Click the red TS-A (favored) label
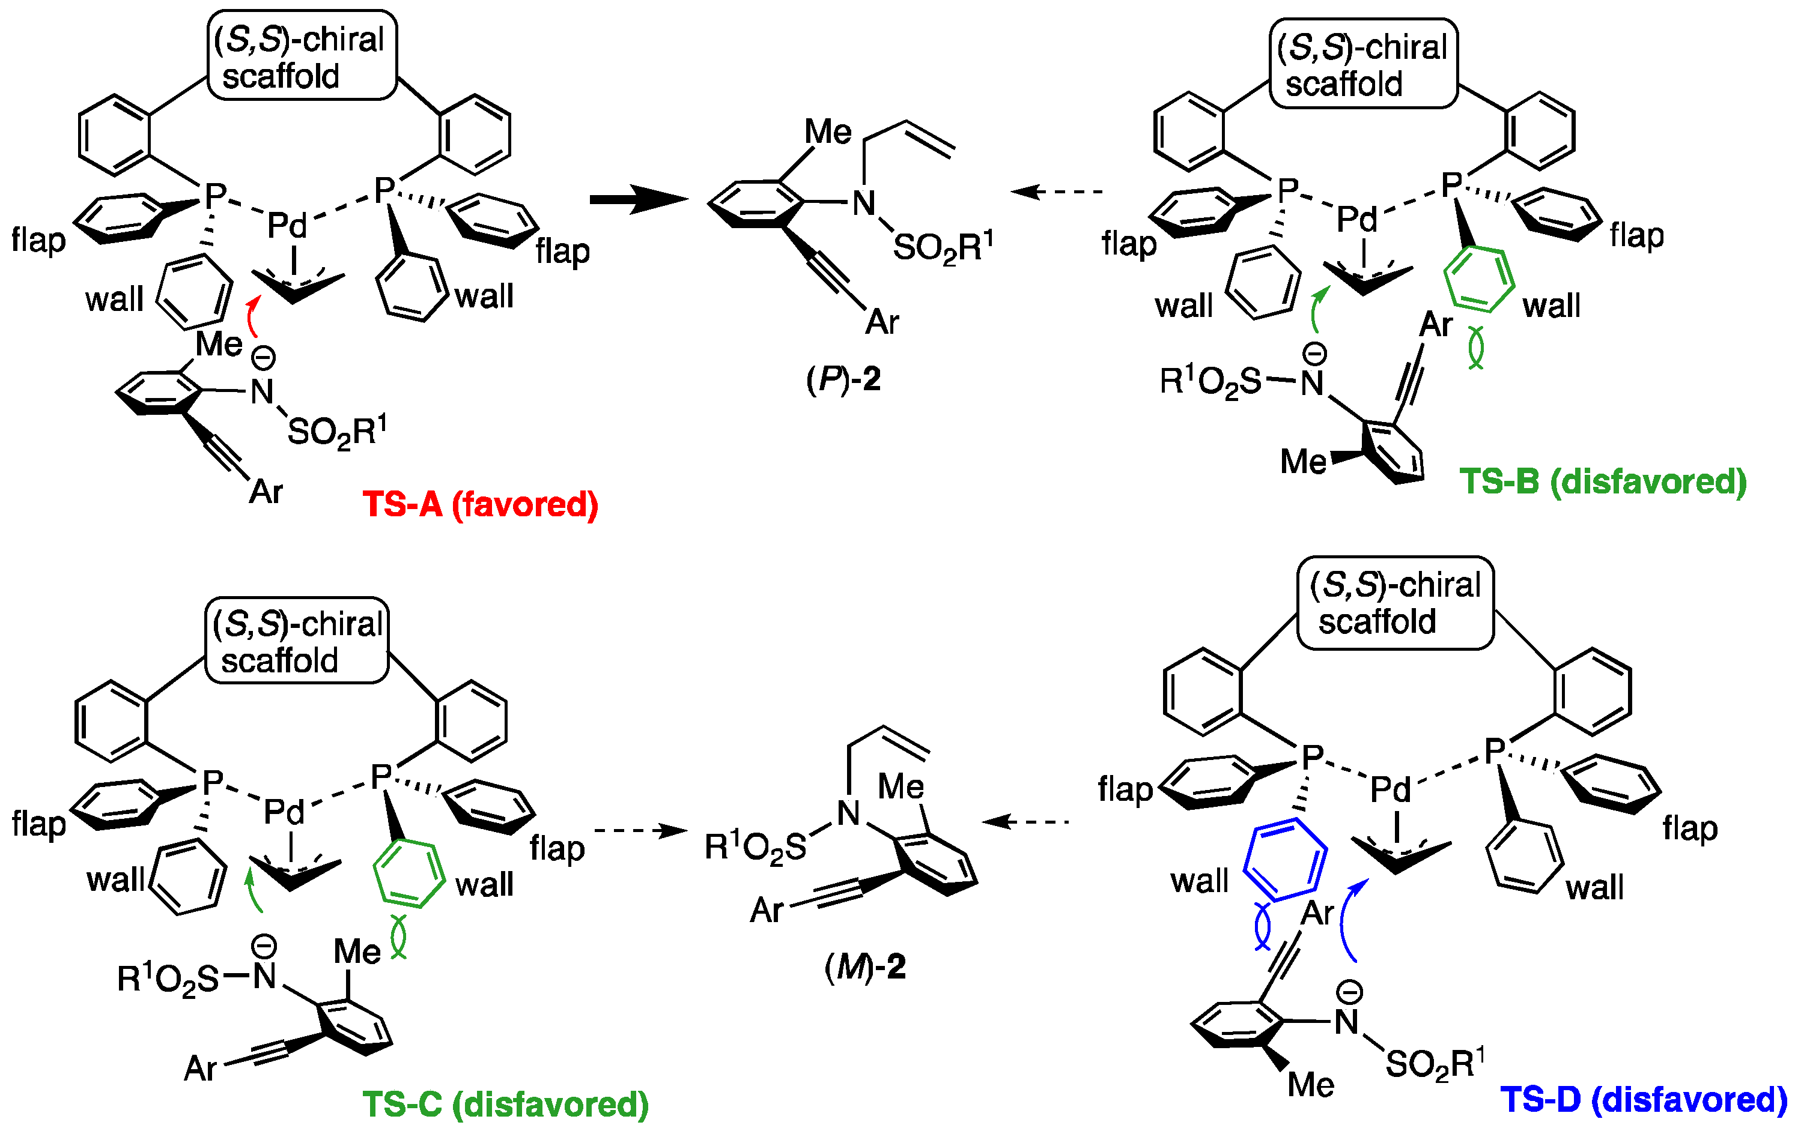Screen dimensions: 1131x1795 (x=480, y=504)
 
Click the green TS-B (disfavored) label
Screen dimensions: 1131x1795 (x=1603, y=481)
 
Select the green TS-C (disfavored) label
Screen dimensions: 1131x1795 (x=505, y=1104)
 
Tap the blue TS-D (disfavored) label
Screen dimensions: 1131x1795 (x=1643, y=1100)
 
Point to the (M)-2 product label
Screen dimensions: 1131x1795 (x=864, y=967)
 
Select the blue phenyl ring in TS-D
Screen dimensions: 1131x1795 (x=1284, y=859)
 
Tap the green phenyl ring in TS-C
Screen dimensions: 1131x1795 (x=409, y=873)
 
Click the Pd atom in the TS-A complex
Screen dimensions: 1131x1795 (x=287, y=225)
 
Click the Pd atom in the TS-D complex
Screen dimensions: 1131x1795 (x=1391, y=790)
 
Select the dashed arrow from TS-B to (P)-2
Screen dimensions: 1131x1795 (x=1057, y=192)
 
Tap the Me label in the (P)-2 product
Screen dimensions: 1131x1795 (x=827, y=133)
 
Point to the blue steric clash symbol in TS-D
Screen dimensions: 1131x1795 (x=1262, y=926)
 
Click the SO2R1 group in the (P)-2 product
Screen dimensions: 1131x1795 (x=943, y=247)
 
